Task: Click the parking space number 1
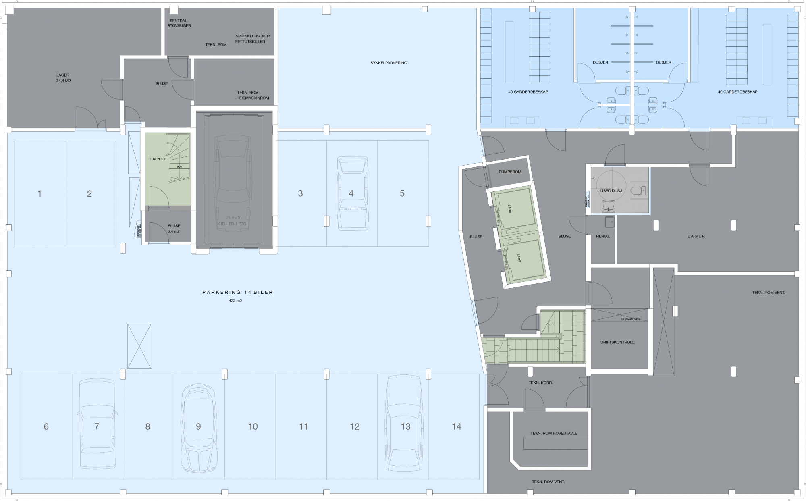tap(39, 194)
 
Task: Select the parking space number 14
tap(456, 426)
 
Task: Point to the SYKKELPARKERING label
tap(388, 63)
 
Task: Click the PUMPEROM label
tap(509, 172)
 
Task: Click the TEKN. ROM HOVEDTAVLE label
tap(554, 434)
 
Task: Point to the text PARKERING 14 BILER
tap(237, 292)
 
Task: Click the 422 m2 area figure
tap(235, 301)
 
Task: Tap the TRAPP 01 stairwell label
tap(158, 159)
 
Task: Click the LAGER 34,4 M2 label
tap(63, 78)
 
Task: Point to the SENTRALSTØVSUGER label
tap(179, 23)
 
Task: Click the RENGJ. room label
tap(603, 237)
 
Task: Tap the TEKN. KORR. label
tap(540, 383)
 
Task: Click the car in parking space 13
tap(405, 423)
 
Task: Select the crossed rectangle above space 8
tap(139, 346)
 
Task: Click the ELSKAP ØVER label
tap(630, 319)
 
